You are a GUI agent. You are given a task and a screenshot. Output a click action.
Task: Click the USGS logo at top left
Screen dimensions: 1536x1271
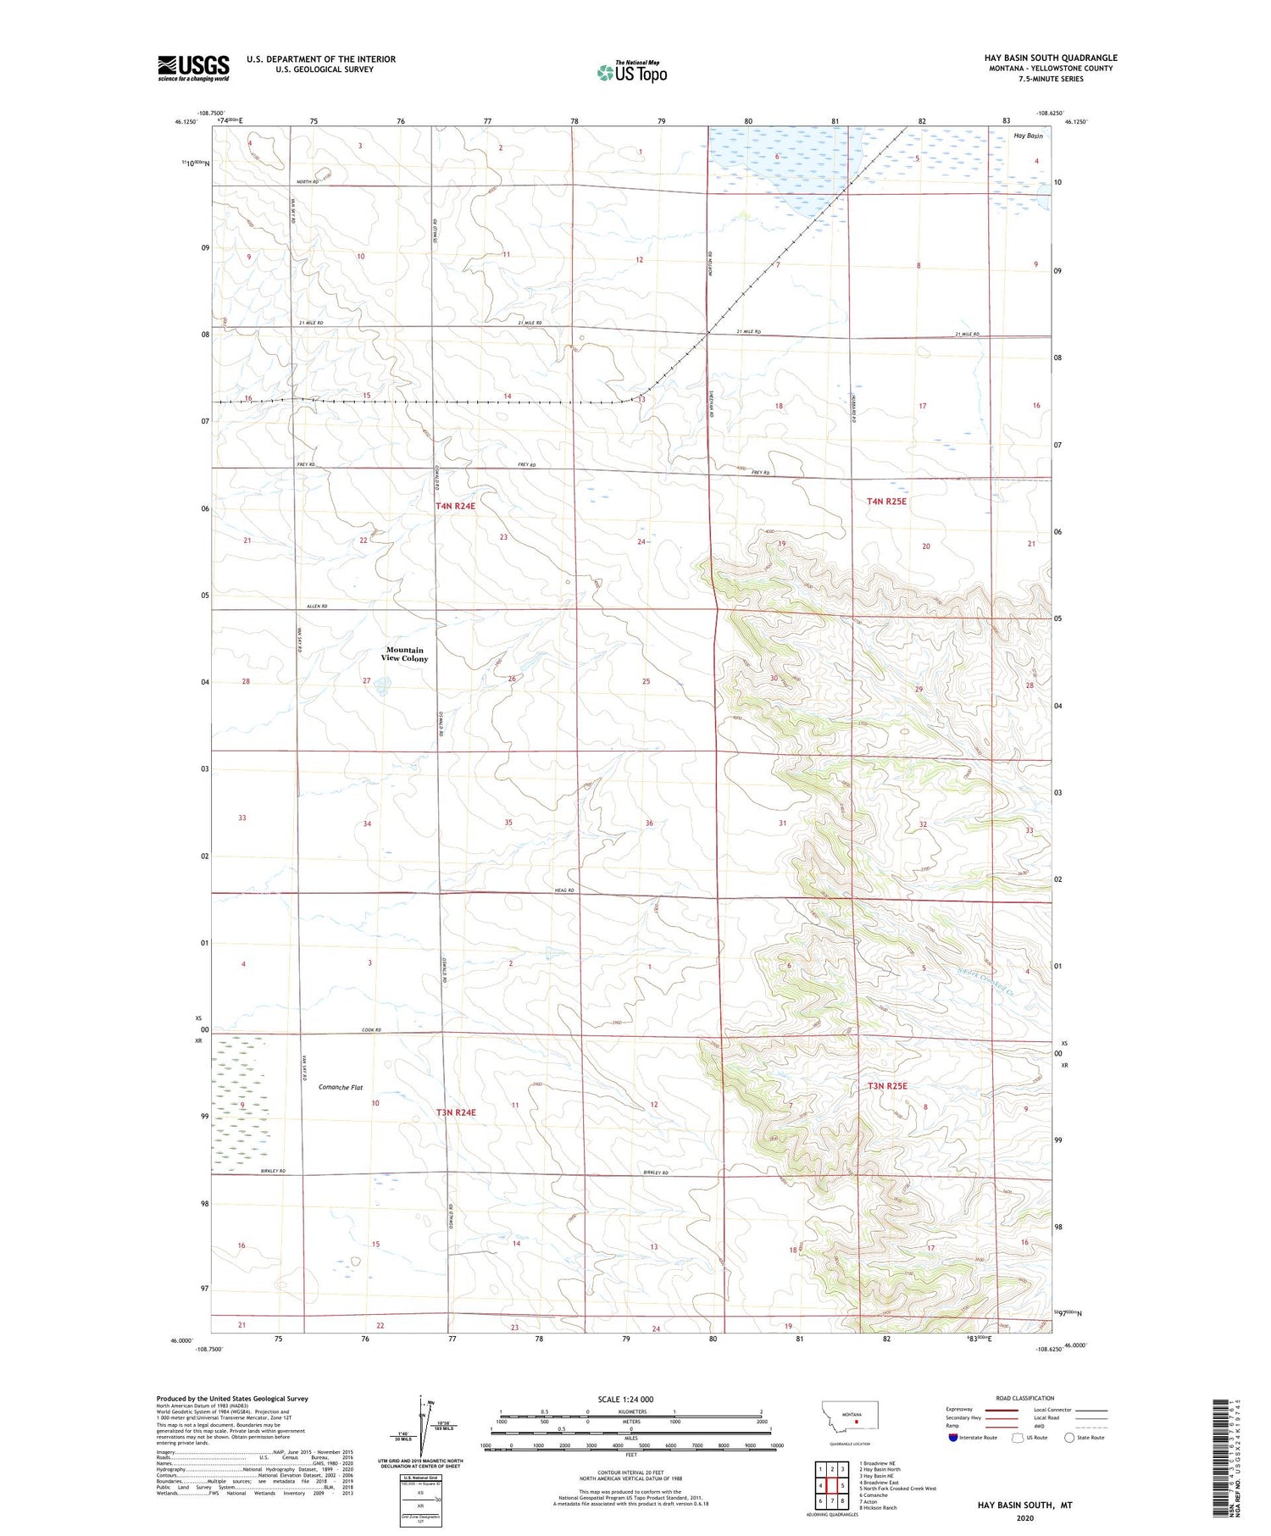[x=193, y=68]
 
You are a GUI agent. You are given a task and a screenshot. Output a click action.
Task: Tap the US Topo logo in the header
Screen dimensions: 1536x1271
[x=631, y=72]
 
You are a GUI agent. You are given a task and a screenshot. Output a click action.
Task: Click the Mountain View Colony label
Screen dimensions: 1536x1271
[x=404, y=654]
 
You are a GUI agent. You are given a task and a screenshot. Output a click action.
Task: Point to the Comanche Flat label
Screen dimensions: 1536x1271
[x=341, y=1087]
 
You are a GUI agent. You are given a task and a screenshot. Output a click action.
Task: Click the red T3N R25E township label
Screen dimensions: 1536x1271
[x=886, y=1085]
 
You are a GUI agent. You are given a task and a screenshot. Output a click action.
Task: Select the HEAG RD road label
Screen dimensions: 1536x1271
[x=565, y=890]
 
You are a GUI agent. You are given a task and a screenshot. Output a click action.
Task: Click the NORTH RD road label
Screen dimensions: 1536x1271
[x=308, y=182]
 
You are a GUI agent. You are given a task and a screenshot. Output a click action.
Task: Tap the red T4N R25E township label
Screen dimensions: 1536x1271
[x=886, y=502]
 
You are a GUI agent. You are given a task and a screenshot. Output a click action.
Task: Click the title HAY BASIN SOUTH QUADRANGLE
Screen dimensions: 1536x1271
[x=1050, y=58]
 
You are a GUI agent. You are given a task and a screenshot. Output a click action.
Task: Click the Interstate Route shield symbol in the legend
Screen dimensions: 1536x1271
[x=953, y=1437]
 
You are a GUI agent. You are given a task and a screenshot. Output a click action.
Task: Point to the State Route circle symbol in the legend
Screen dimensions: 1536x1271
[x=1069, y=1437]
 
